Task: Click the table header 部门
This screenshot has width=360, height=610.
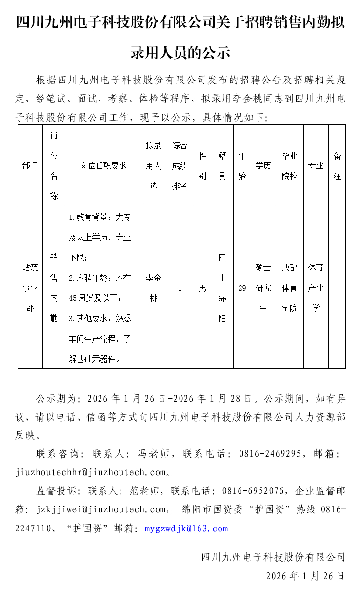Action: point(30,165)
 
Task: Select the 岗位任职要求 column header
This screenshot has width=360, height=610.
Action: point(103,165)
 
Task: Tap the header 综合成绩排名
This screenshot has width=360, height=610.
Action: point(180,165)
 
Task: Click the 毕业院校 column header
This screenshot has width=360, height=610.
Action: point(289,165)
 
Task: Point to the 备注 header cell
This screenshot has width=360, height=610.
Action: point(337,165)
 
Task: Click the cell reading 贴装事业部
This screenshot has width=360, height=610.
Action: point(30,288)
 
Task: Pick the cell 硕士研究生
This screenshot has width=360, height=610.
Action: point(263,288)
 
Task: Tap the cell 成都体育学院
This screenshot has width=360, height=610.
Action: point(289,288)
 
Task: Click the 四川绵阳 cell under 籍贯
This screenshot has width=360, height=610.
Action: point(222,288)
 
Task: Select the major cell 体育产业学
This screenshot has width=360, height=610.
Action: point(316,288)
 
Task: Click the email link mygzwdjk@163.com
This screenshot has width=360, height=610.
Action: point(186,529)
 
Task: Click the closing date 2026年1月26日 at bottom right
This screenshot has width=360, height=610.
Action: point(305,576)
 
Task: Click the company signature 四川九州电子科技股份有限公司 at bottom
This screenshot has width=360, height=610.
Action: point(273,557)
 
